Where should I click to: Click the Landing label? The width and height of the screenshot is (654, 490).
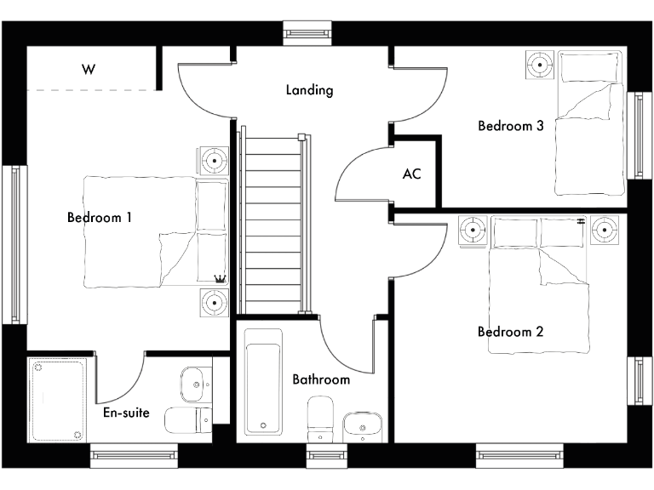309,89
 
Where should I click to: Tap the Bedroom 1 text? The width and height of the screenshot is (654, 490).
99,218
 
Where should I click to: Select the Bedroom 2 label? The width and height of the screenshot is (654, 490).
510,332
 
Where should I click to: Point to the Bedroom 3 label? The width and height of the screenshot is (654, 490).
510,126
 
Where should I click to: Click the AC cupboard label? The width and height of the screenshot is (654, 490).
412,174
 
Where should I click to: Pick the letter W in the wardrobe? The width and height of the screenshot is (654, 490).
88,69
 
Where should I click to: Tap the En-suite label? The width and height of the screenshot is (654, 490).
126,413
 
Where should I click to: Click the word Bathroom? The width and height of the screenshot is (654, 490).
321,379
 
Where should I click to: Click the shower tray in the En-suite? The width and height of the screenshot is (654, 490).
60,398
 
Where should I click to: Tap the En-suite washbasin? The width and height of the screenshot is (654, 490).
195,385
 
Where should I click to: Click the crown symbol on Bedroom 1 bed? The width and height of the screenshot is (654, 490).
220,278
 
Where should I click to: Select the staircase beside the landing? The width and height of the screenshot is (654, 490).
272,221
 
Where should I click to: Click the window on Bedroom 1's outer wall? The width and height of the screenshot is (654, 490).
14,244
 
